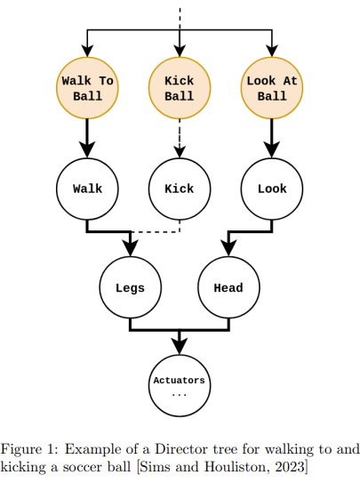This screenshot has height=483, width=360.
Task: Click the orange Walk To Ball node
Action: (87, 88)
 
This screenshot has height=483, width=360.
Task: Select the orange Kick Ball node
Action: (180, 88)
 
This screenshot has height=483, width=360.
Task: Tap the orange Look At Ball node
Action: (272, 88)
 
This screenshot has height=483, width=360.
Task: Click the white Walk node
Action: (87, 189)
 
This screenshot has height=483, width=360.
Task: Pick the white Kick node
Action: (180, 189)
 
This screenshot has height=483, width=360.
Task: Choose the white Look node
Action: (272, 189)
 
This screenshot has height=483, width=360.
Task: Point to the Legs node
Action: (131, 287)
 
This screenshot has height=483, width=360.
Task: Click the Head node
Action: (228, 287)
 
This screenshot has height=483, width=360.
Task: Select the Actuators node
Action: (180, 386)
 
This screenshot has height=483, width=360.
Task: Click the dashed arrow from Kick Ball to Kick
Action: (180, 138)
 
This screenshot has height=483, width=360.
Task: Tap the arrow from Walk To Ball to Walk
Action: (87, 138)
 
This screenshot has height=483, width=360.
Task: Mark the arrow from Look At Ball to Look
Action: (272, 138)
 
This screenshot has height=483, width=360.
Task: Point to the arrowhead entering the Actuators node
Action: (180, 347)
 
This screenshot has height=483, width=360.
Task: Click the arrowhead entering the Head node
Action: (228, 248)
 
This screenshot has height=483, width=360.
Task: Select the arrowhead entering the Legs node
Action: (131, 248)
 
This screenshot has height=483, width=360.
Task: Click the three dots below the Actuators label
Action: (180, 395)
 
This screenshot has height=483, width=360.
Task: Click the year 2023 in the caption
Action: (290, 467)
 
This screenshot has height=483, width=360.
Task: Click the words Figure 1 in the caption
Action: (29, 450)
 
